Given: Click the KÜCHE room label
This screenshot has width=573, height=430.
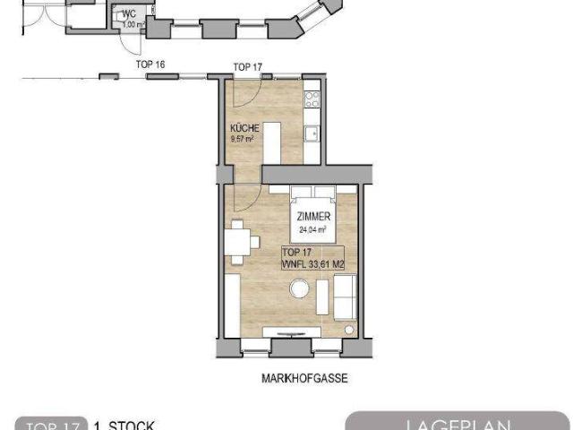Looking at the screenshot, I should [244, 128].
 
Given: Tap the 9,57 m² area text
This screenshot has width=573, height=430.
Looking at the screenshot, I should [244, 139].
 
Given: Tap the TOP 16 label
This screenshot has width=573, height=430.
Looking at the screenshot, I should [150, 65].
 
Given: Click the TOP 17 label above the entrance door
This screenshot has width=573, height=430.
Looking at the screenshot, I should [247, 67].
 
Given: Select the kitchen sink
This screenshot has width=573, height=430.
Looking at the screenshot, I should [312, 133].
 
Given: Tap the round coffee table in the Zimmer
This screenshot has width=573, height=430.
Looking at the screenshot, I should [299, 290].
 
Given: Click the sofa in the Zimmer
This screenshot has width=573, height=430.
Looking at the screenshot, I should [344, 295].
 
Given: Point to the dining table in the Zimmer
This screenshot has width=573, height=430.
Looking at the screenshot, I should [239, 242].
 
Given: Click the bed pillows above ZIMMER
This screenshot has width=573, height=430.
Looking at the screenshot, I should [312, 192].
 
